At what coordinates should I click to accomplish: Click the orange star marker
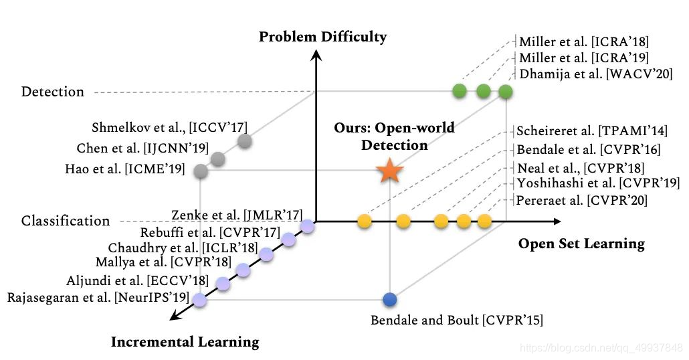389,171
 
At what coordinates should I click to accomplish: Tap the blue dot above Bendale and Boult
389,299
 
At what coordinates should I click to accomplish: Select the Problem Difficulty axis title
323,36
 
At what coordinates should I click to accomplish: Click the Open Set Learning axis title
581,243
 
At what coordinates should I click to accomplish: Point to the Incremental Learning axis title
185,342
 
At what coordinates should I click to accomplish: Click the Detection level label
53,92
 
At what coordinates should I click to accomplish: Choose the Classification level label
65,220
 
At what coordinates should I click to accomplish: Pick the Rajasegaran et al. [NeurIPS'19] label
99,297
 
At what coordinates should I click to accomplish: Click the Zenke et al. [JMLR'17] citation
234,215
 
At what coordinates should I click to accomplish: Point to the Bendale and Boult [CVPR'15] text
457,321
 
